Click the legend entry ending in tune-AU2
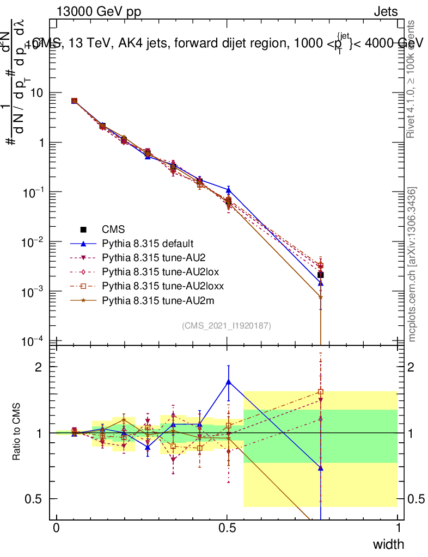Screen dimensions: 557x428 (152, 257)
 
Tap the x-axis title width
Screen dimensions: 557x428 (388, 544)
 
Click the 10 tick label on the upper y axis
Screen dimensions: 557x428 (38, 93)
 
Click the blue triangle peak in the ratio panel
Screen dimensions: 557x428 (229, 382)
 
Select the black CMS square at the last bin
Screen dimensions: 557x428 (321, 275)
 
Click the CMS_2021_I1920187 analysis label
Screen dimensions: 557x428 (227, 325)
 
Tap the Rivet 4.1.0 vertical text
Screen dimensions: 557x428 (412, 79)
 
